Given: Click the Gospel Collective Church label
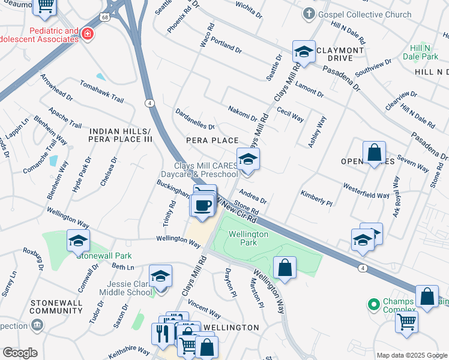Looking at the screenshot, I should [365, 14].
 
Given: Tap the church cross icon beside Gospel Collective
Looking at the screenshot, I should [309, 13].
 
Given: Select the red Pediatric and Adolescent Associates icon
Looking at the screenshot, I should [88, 34].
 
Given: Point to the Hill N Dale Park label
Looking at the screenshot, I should [424, 52].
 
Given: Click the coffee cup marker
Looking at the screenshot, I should [202, 205].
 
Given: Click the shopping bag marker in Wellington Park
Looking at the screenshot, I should [285, 267].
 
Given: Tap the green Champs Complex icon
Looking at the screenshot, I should [374, 305].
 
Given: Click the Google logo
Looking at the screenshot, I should [20, 353].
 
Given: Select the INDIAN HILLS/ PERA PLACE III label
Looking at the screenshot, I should [120, 135].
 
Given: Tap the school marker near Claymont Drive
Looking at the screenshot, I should [304, 52].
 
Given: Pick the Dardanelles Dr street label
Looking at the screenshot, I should [194, 118].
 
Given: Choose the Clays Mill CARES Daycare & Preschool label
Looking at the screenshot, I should [206, 170].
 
